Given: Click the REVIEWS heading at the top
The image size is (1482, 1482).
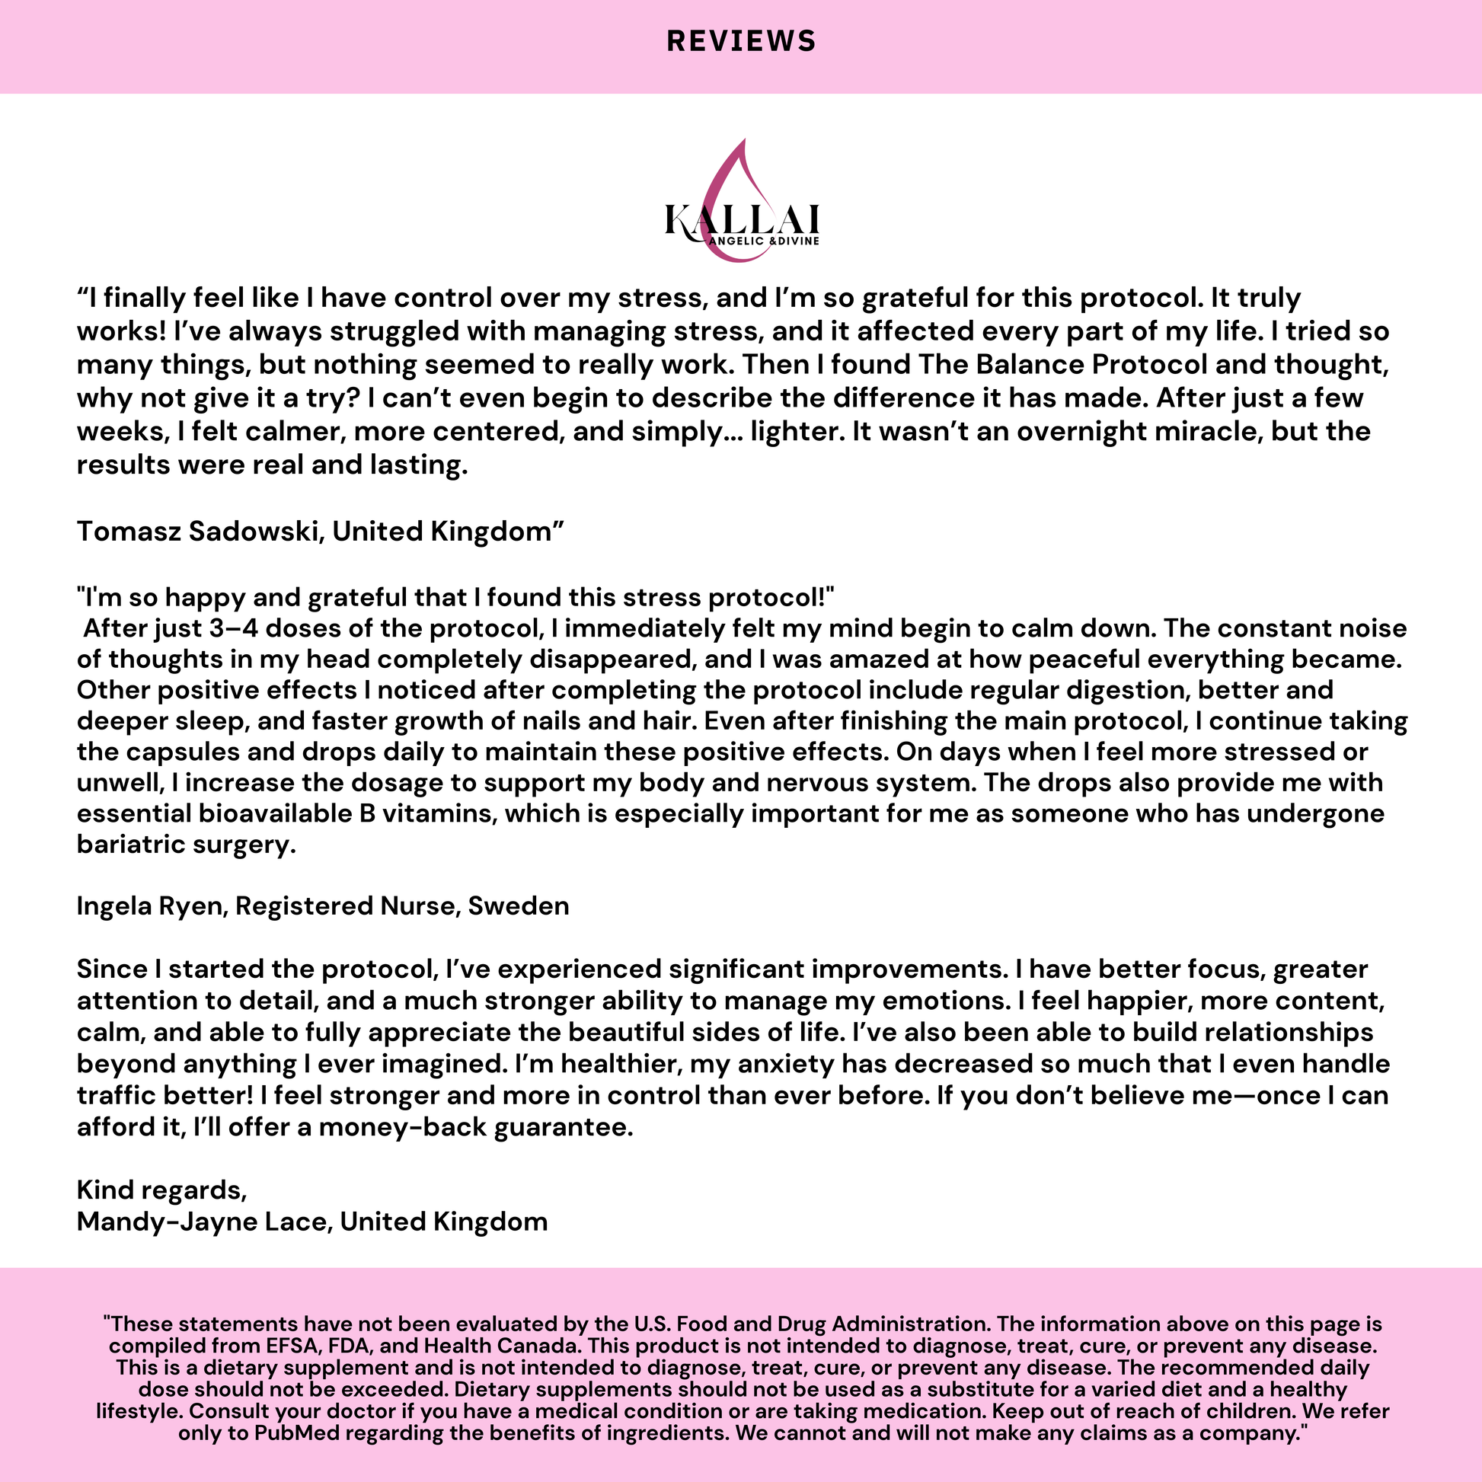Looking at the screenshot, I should [x=741, y=41].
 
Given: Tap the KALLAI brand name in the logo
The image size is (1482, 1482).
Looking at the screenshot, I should [x=742, y=219].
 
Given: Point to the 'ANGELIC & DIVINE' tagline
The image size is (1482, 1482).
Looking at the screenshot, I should [x=764, y=241].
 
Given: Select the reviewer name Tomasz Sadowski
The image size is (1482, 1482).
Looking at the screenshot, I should [x=196, y=531].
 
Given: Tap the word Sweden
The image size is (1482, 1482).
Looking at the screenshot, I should [x=519, y=906].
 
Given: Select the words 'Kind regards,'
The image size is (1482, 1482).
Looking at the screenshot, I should [x=162, y=1190].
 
